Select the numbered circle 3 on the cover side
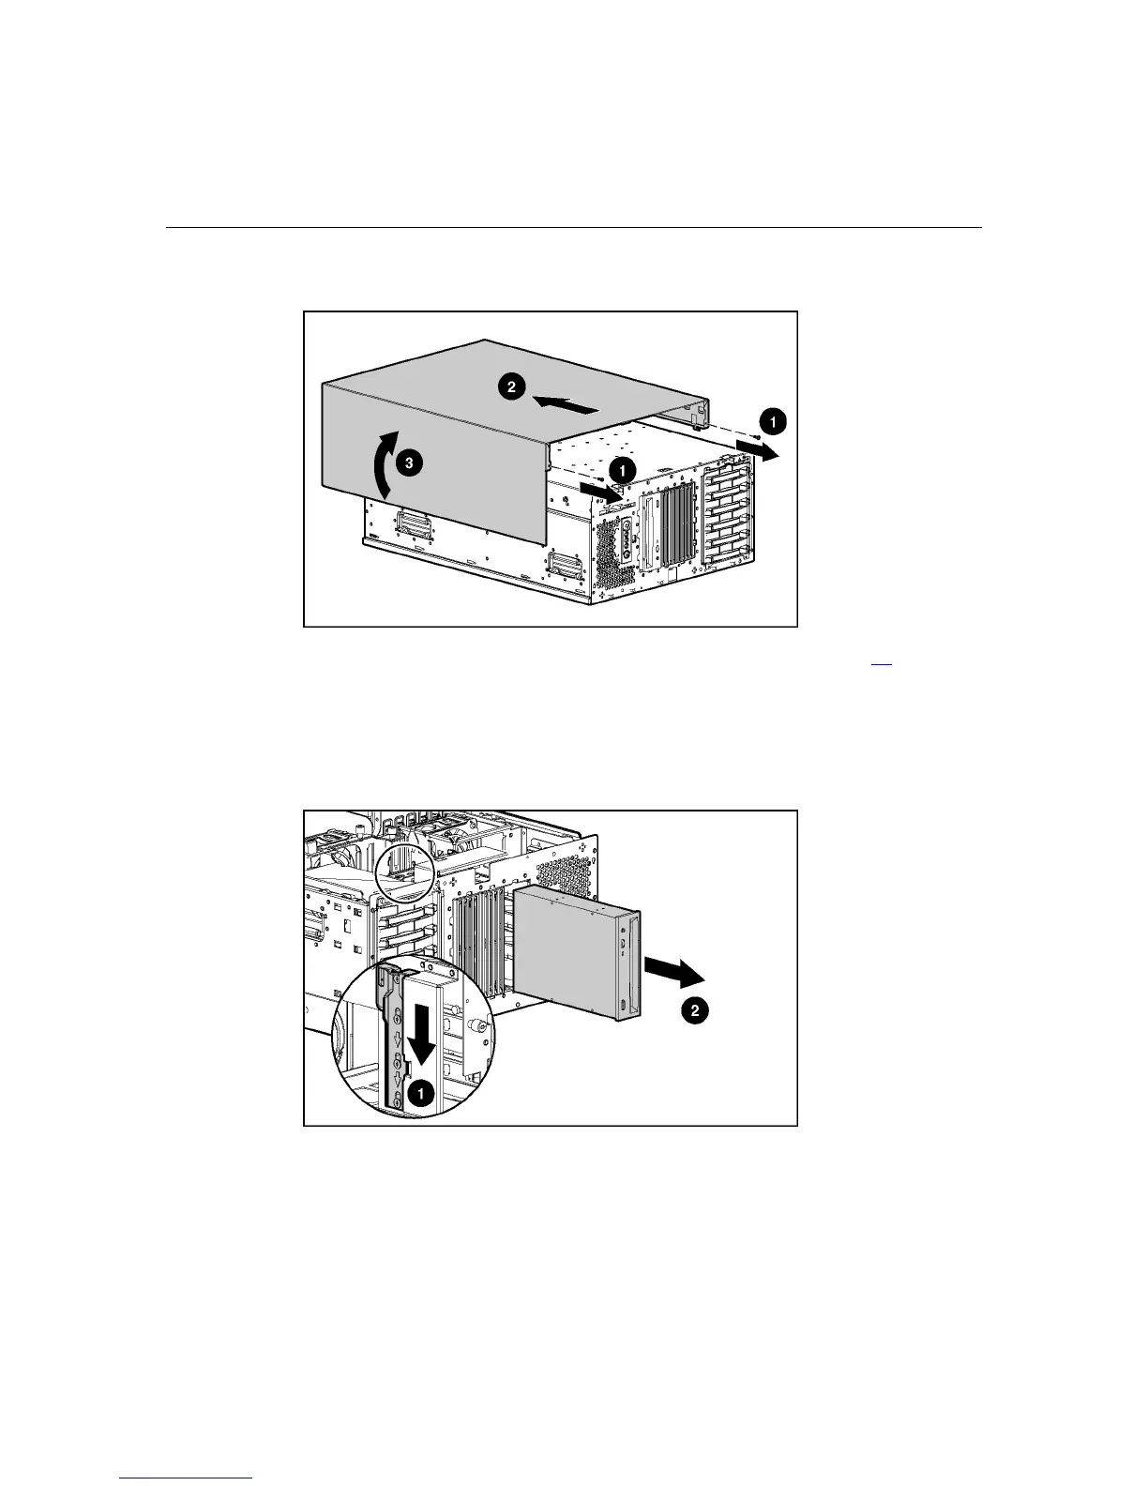coord(408,462)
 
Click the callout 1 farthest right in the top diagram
coord(772,422)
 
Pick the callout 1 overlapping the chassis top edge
coord(623,468)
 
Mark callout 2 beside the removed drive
coord(694,1010)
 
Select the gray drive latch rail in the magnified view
coord(395,1041)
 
